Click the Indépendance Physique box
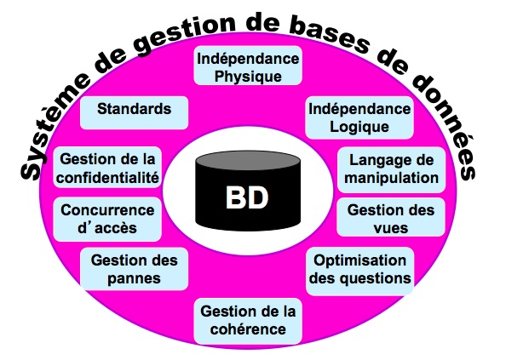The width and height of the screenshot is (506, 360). pyautogui.click(x=248, y=66)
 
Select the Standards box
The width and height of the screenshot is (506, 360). pyautogui.click(x=134, y=113)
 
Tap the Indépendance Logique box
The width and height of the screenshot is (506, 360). pyautogui.click(x=359, y=117)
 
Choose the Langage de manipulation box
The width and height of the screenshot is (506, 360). pyautogui.click(x=392, y=169)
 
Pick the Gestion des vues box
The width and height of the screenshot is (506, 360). pyautogui.click(x=391, y=217)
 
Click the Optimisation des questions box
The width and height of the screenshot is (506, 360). pyautogui.click(x=359, y=271)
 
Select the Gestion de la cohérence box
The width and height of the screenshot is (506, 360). pyautogui.click(x=248, y=321)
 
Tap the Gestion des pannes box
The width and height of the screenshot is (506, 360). pyautogui.click(x=134, y=269)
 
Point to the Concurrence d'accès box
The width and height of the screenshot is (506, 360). pyautogui.click(x=107, y=220)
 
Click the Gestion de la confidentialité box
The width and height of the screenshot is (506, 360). pyautogui.click(x=107, y=168)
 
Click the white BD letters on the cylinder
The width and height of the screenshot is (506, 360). pyautogui.click(x=247, y=197)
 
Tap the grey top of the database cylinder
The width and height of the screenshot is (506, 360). pyautogui.click(x=248, y=160)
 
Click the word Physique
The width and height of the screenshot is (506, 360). pyautogui.click(x=248, y=77)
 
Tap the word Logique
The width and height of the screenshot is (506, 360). pyautogui.click(x=359, y=127)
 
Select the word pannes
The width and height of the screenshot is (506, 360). pyautogui.click(x=134, y=279)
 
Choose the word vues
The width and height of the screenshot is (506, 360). pyautogui.click(x=391, y=228)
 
